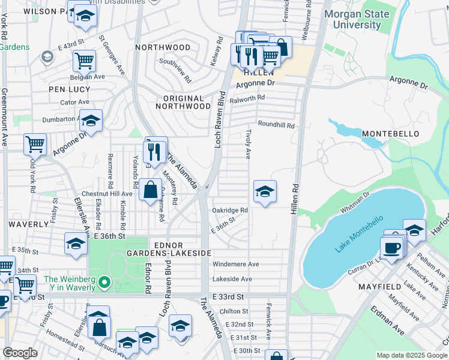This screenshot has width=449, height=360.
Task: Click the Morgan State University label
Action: click(x=357, y=19)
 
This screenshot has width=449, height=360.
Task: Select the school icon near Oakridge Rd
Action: click(x=265, y=191)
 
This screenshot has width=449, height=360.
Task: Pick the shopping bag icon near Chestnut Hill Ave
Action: click(x=148, y=190)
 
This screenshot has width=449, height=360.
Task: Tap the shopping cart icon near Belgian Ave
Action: click(x=84, y=60)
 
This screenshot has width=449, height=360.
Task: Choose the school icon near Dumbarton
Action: click(x=91, y=121)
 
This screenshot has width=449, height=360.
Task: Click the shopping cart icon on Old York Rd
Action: click(x=35, y=144)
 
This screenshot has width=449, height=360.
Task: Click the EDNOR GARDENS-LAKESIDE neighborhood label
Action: click(x=182, y=249)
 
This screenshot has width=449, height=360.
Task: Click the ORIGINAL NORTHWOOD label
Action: click(x=183, y=102)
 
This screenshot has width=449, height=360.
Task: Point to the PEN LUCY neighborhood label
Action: click(x=70, y=89)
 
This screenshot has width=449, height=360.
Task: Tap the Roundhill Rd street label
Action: click(x=276, y=125)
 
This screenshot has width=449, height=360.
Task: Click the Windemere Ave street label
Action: click(x=236, y=264)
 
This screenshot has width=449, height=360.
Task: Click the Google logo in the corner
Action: click(x=20, y=353)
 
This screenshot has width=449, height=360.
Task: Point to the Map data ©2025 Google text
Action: click(x=411, y=355)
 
